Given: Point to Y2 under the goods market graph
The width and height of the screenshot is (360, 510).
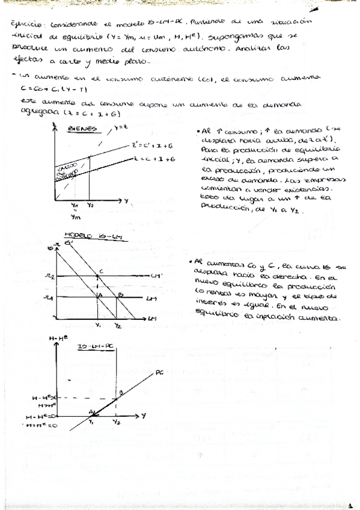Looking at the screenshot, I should click(91, 206).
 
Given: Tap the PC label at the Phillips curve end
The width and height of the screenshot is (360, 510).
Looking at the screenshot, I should click(159, 373).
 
